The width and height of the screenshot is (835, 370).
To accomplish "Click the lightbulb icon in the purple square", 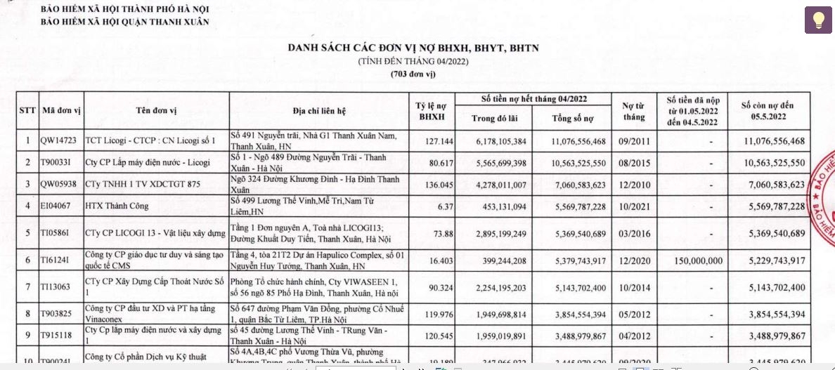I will (x=818, y=20).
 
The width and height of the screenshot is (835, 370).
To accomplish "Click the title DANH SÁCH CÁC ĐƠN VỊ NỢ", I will (x=413, y=48).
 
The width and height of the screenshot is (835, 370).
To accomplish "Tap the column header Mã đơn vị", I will (x=62, y=110).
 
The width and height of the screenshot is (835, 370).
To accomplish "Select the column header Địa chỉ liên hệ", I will (x=321, y=110).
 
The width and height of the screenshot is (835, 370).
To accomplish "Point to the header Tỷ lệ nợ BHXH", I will (x=432, y=111).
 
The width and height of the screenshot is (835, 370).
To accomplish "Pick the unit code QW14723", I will (x=59, y=141).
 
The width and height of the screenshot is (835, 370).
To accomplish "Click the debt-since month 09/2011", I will (x=633, y=141).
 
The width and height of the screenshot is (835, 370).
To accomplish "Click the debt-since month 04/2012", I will (x=633, y=336).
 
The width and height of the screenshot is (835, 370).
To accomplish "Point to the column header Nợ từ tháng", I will (x=633, y=111).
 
